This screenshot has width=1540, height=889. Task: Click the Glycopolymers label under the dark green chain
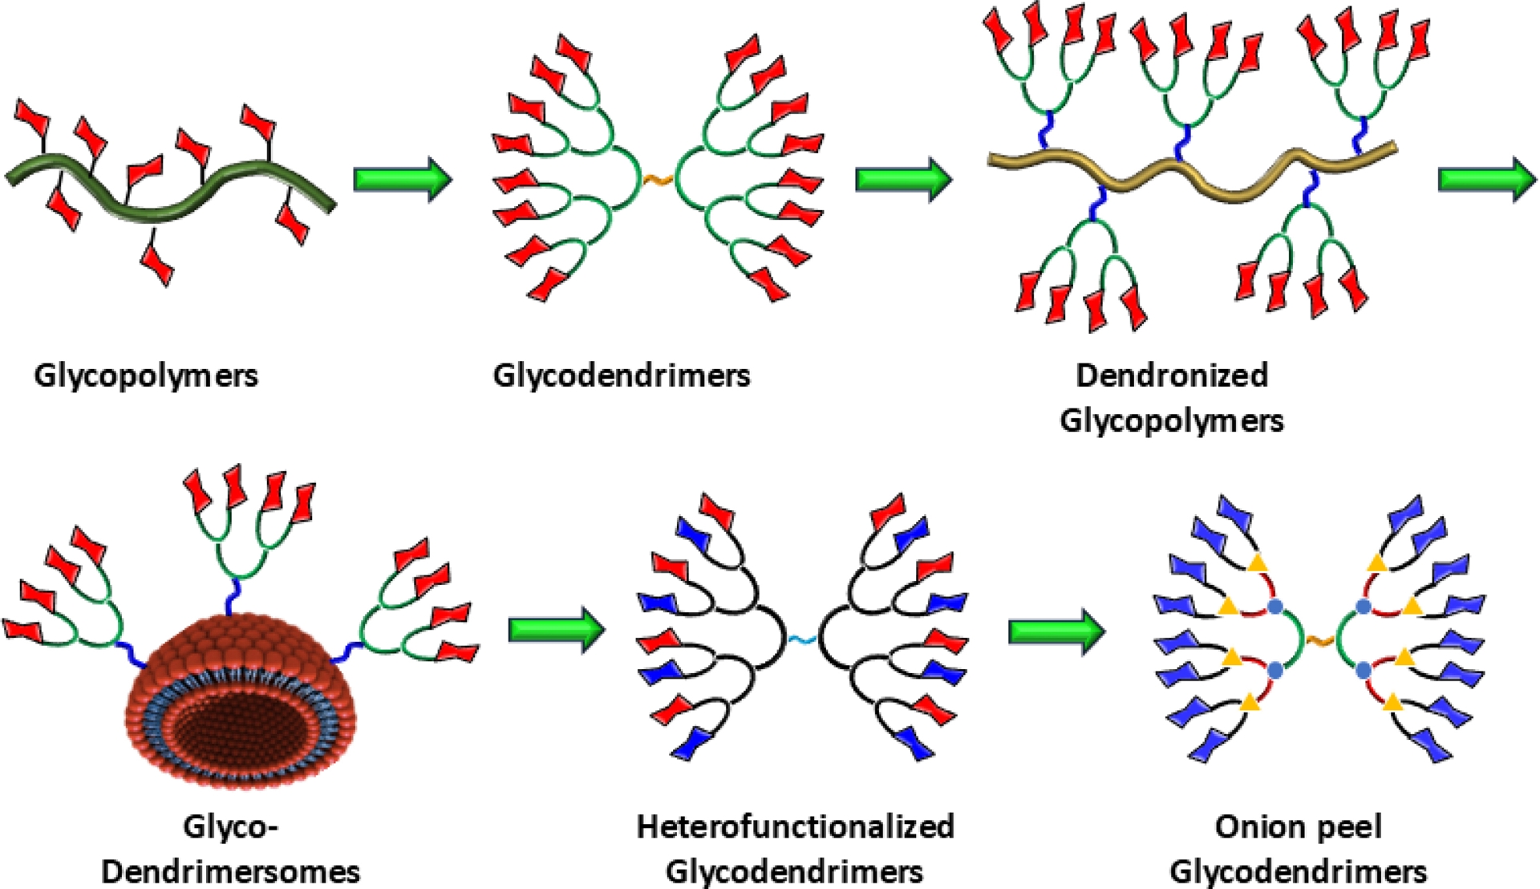(x=146, y=375)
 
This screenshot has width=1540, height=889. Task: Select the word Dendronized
(x=1172, y=375)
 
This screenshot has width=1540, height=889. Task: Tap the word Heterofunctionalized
(x=795, y=826)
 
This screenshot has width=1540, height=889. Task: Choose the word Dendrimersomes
(x=230, y=871)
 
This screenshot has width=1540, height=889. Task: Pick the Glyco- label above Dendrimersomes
(x=230, y=826)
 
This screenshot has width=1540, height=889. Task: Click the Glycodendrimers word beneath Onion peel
(x=1298, y=871)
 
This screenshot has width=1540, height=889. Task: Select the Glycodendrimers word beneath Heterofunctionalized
(x=795, y=871)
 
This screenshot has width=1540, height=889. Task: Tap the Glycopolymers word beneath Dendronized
(x=1172, y=420)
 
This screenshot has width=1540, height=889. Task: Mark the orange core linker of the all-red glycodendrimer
(x=659, y=180)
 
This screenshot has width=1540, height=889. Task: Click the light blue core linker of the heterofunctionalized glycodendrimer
(x=801, y=639)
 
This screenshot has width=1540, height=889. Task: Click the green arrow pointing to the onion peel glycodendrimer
(x=1056, y=631)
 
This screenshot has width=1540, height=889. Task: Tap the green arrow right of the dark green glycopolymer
(x=402, y=178)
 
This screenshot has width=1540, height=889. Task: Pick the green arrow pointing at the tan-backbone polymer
(x=902, y=178)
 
